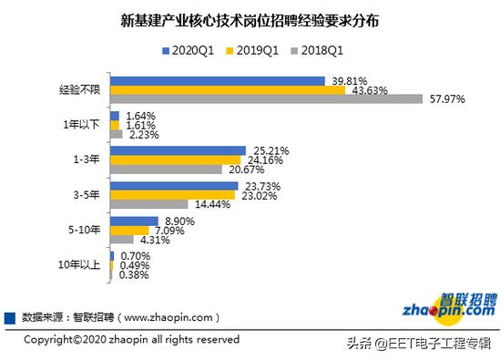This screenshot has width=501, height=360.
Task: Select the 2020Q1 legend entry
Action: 189,51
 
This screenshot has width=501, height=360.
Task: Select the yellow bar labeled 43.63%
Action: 227,90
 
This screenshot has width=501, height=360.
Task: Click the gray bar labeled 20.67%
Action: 165,170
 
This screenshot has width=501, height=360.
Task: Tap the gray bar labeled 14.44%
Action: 148,204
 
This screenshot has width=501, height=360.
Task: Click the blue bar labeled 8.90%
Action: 133,221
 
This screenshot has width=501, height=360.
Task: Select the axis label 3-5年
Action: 88,195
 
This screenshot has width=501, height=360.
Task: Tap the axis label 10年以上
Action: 80,265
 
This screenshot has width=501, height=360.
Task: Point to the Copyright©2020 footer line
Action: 131,339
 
